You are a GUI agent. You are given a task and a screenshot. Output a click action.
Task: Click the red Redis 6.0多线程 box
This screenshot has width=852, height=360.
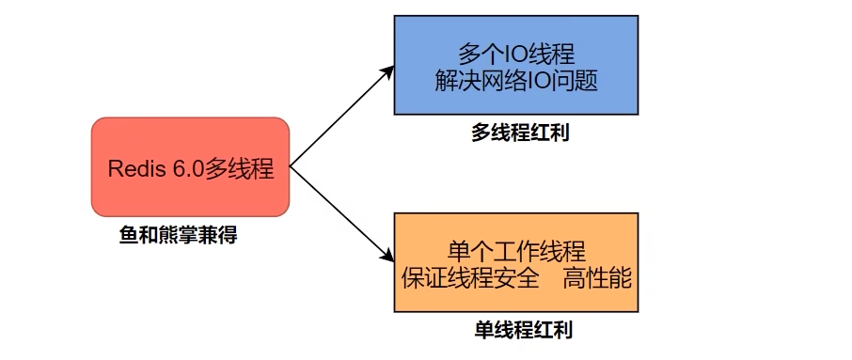point(190,166)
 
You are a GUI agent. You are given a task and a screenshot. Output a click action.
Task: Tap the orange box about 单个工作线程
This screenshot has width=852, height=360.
point(516,263)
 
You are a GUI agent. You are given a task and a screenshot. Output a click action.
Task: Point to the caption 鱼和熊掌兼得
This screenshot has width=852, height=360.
point(178,235)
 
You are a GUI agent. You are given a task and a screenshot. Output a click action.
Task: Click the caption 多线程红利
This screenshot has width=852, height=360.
point(520,133)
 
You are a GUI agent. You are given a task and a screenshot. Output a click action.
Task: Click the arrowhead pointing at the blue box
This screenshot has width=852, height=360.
point(387,72)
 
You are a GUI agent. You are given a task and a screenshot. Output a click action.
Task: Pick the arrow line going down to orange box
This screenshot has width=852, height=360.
point(339,211)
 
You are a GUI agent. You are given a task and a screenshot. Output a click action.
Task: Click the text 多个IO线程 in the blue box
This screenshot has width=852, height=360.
point(516,52)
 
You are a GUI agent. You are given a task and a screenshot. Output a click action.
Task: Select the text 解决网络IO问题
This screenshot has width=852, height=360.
point(516,81)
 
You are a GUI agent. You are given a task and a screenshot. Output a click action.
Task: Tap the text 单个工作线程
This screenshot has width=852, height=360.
point(516,250)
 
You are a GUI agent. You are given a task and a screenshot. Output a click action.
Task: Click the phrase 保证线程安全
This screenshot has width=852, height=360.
point(470,278)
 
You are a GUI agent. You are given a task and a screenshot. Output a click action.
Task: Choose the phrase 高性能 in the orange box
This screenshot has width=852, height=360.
point(598,278)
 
